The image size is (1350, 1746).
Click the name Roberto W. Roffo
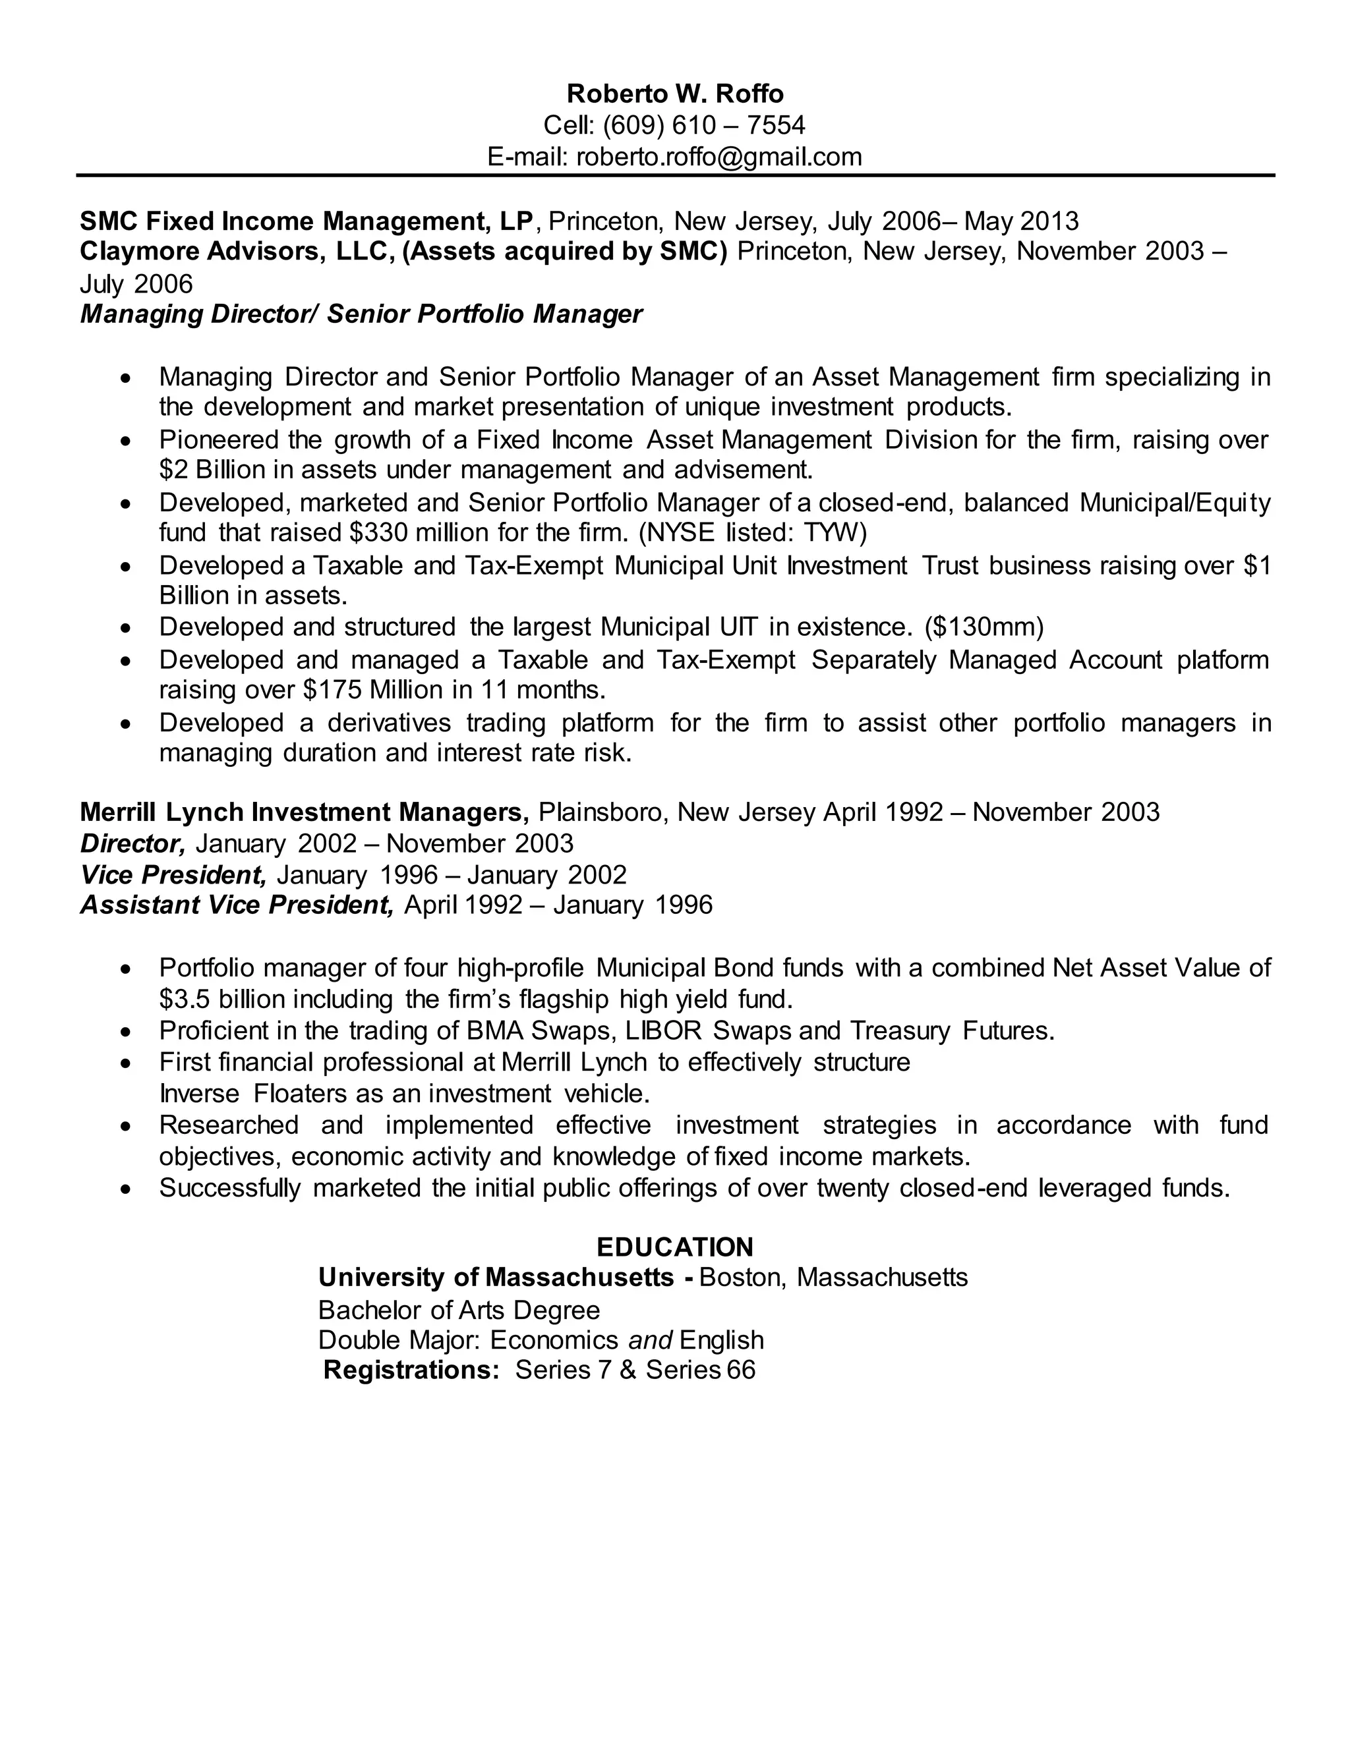[x=675, y=94]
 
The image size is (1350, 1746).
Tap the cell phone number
[x=704, y=125]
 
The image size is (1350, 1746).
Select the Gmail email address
[x=719, y=156]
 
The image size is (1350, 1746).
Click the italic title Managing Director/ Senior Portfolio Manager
[x=361, y=314]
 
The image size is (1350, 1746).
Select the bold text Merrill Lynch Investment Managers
[x=305, y=812]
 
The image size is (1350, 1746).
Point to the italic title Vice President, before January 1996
[x=173, y=874]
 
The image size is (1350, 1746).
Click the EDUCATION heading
[x=675, y=1247]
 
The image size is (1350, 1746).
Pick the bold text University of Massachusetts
[x=496, y=1278]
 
